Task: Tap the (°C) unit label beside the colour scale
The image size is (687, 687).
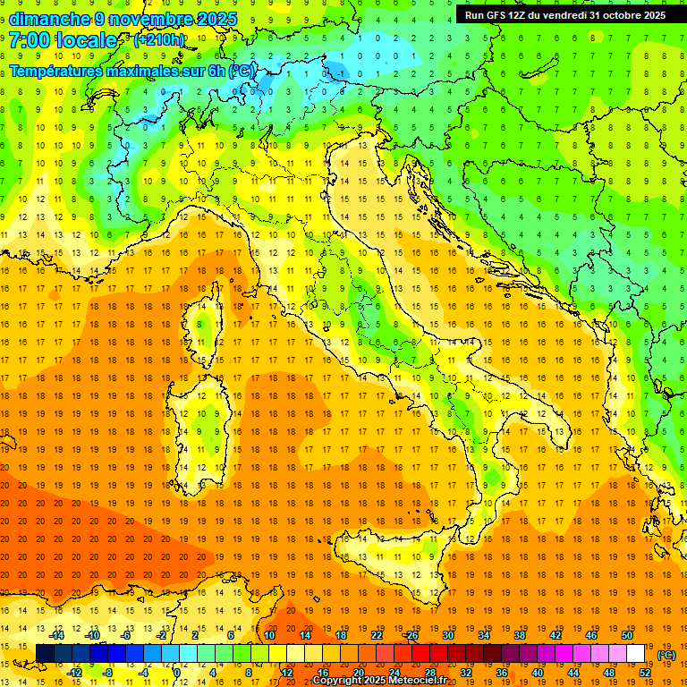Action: coord(666,655)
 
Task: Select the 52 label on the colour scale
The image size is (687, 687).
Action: coord(645,673)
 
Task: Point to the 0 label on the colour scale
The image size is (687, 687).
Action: coord(177,673)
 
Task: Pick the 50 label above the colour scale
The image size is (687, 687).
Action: coord(627,635)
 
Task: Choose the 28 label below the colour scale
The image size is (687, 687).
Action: coord(429,673)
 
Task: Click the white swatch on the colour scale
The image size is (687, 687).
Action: coord(636,654)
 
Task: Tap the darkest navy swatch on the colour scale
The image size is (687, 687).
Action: coord(45,654)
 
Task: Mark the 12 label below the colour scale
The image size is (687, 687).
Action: coord(286,673)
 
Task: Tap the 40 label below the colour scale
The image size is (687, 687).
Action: coord(537,673)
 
